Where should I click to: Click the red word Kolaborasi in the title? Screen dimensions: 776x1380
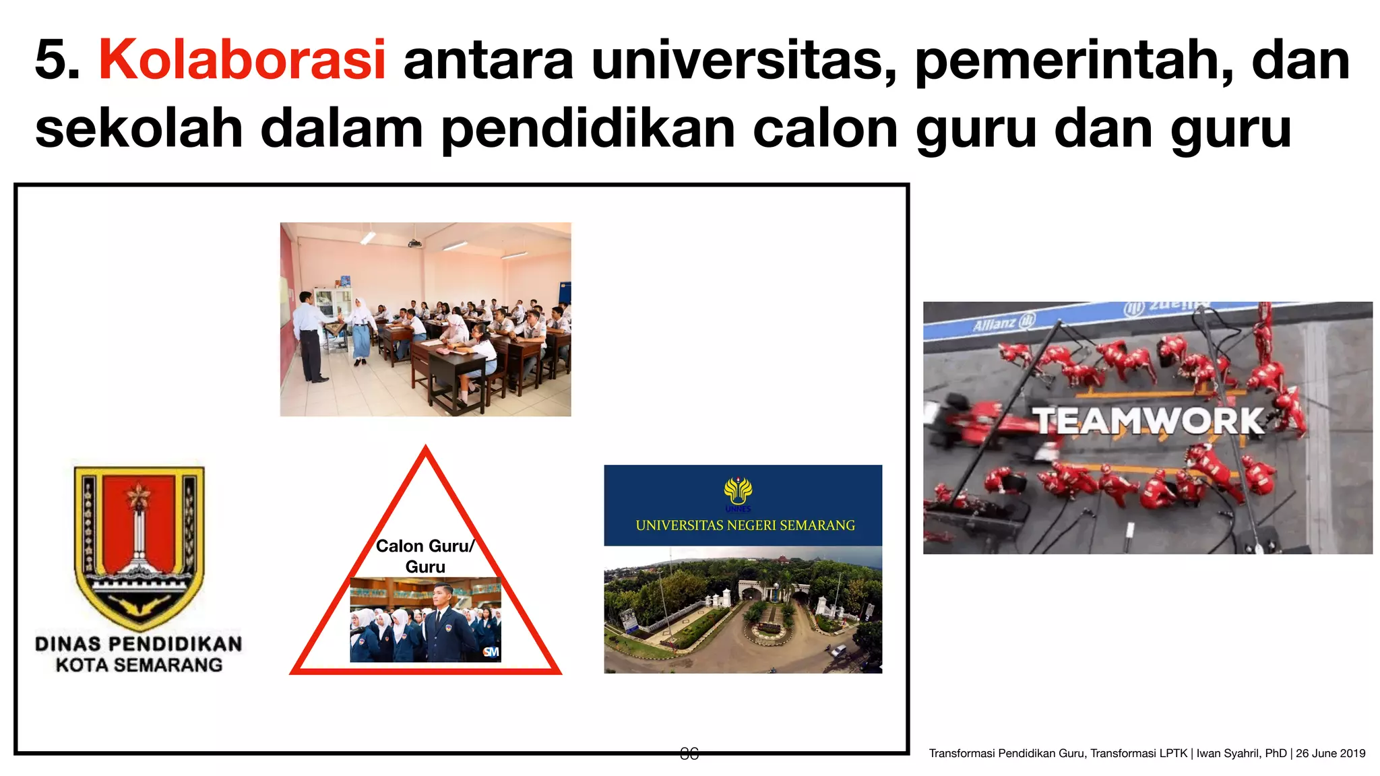242,59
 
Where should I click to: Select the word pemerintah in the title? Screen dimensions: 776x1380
1074,61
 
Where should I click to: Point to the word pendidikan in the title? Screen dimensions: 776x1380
588,129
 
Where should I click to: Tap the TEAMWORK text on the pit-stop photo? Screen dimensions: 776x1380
1150,421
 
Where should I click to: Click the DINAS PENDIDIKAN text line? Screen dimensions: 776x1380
139,644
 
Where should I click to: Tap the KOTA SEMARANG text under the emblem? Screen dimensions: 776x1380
139,666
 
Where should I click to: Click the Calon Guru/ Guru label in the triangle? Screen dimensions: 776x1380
425,556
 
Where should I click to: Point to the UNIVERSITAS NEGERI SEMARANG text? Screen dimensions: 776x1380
745,525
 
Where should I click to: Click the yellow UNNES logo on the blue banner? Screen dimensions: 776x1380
739,492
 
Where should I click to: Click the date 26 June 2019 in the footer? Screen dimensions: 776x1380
1330,753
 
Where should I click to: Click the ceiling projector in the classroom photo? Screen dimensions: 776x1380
414,243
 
